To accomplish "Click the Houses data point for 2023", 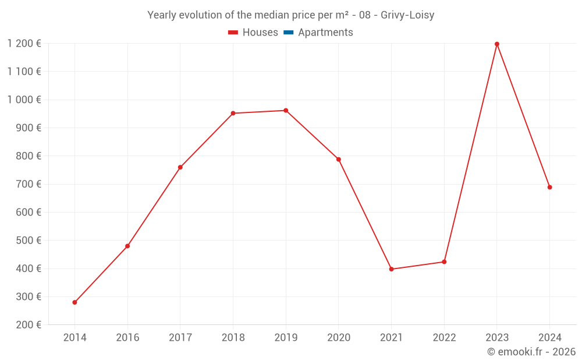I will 496,44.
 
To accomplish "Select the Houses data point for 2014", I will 74,302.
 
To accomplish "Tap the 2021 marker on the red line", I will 391,269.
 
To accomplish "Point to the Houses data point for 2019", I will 286,111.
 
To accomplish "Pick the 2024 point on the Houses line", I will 549,188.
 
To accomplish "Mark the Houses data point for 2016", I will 127,246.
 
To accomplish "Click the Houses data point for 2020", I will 339,160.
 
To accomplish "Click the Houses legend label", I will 260,33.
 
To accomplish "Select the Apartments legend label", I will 325,33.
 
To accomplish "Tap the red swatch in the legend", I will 233,33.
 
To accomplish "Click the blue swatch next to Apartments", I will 288,33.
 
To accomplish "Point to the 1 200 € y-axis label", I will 24,43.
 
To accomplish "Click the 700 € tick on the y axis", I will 29,184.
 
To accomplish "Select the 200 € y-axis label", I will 29,325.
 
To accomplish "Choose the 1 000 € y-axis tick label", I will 24,100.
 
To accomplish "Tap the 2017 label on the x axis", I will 180,338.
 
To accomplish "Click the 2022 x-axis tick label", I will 444,338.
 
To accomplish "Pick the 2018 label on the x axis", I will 233,338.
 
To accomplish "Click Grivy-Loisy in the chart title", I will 407,15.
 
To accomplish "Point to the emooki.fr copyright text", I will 531,352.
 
